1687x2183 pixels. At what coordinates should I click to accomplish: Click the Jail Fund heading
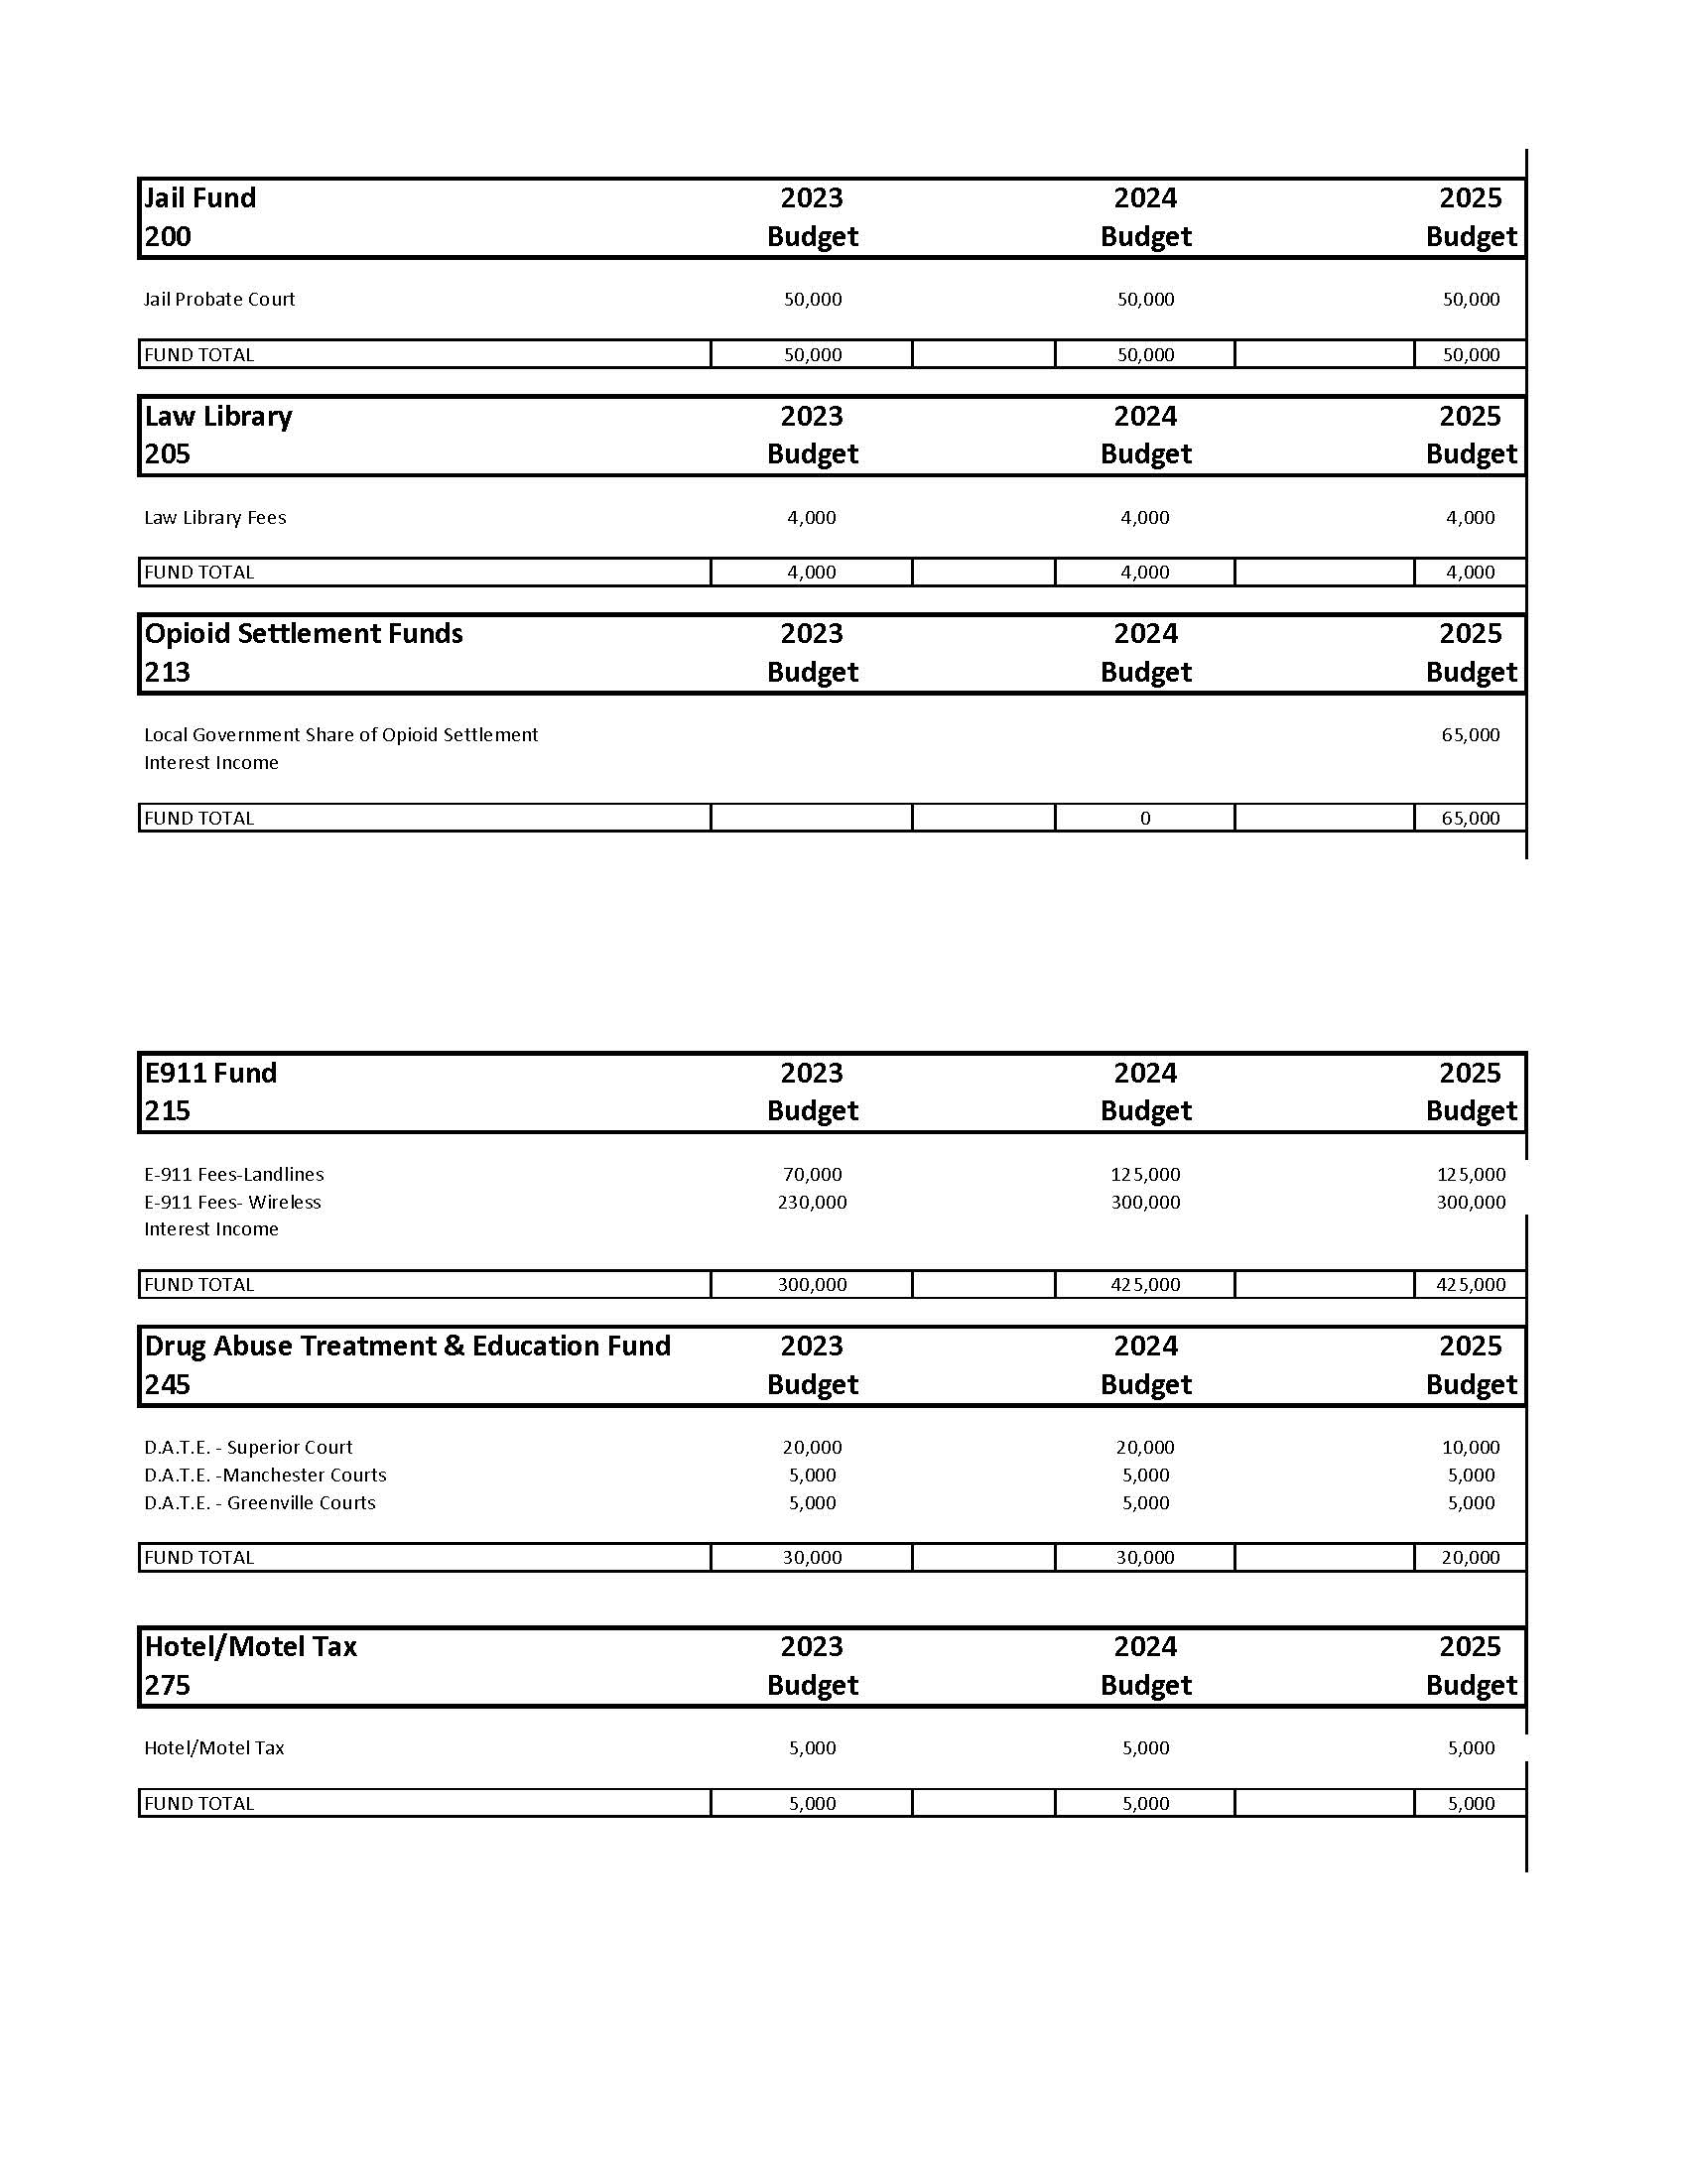[x=199, y=197]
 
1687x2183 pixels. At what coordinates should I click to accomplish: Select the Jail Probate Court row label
[x=219, y=299]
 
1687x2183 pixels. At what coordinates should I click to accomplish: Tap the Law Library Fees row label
[x=215, y=517]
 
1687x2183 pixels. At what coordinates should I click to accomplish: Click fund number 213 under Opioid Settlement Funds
[x=167, y=672]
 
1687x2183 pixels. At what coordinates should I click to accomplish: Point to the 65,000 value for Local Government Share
[x=1470, y=734]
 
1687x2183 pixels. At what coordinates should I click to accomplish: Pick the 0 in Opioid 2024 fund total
[x=1145, y=818]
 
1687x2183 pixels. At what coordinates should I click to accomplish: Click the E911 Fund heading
[x=209, y=1073]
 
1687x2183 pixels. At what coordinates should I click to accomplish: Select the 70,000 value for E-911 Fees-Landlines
[x=812, y=1174]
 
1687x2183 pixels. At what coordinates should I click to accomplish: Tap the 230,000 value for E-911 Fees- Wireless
[x=812, y=1202]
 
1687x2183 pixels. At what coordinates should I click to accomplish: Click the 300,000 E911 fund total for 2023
[x=812, y=1284]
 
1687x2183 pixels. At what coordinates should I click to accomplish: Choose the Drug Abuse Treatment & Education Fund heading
[x=407, y=1346]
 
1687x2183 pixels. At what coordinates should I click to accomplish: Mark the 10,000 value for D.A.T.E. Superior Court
[x=1470, y=1447]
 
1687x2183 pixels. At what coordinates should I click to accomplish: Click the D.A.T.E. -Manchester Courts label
[x=265, y=1475]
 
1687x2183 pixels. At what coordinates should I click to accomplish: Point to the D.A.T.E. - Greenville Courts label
[x=260, y=1502]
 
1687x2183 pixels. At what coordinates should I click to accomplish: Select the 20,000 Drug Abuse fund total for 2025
[x=1470, y=1557]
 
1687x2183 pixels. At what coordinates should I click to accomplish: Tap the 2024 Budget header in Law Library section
[x=1145, y=435]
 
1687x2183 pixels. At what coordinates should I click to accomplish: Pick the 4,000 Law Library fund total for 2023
[x=812, y=572]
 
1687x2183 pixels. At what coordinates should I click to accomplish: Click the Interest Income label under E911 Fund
[x=210, y=1228]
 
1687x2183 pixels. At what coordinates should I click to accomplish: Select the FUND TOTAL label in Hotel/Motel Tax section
[x=198, y=1803]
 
